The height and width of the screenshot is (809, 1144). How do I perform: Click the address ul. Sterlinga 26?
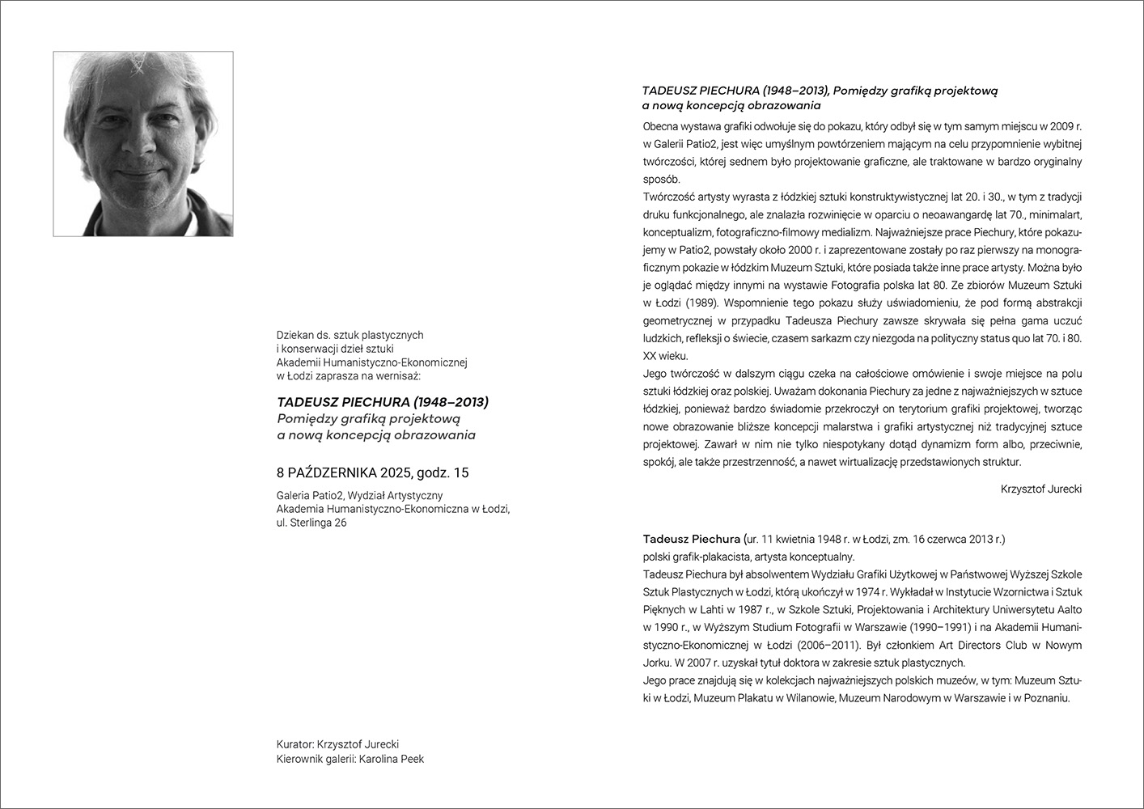pos(311,523)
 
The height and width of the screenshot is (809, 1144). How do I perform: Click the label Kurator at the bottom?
pos(294,744)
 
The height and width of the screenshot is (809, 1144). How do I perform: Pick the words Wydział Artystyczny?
pos(395,495)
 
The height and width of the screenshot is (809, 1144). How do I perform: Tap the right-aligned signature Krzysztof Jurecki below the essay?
pos(1040,489)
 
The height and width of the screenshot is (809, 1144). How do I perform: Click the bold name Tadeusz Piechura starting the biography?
pos(692,539)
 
